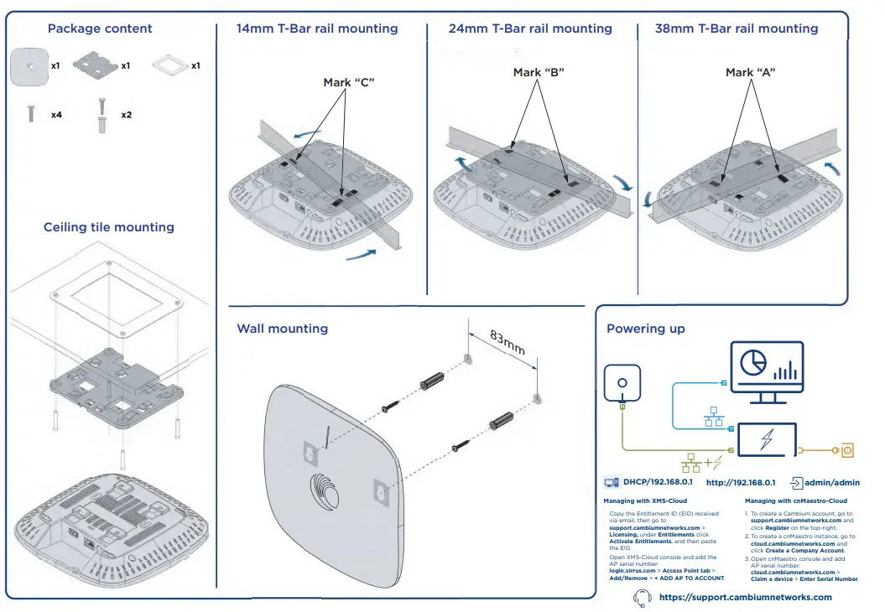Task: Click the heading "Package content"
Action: (100, 29)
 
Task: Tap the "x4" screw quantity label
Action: (56, 114)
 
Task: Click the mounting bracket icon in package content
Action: (95, 65)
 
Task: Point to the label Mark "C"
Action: (348, 82)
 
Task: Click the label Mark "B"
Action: (539, 72)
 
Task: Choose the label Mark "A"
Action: (750, 72)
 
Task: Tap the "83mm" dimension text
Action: (507, 344)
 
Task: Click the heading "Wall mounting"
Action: (282, 329)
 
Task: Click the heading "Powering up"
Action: (646, 329)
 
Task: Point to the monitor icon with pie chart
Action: (767, 367)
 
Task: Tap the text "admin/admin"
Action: (831, 483)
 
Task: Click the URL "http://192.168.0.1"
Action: (741, 483)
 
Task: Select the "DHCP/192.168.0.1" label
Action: (658, 483)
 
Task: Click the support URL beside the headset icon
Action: (746, 597)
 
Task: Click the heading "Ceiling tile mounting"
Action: (109, 227)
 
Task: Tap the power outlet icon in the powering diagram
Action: (847, 450)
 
